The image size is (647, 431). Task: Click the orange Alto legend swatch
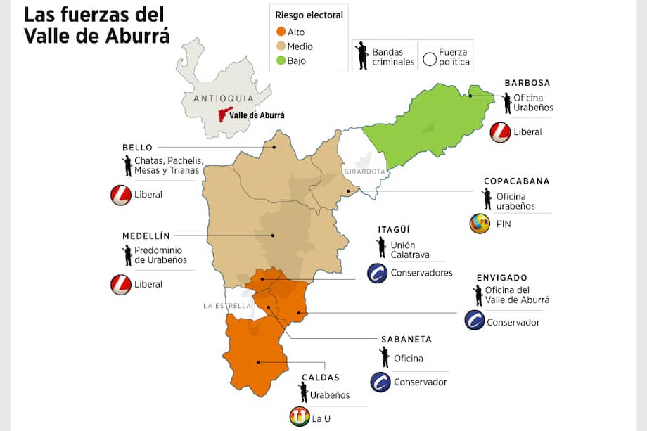coord(281,32)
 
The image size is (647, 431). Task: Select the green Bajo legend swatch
coord(281,61)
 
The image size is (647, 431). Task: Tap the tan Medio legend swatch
coord(281,46)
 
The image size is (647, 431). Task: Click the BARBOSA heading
coord(527,83)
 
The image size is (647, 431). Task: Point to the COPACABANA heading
coord(516,181)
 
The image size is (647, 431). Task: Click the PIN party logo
coord(480,224)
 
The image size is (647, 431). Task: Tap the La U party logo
coord(300,418)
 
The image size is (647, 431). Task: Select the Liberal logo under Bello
coord(121,195)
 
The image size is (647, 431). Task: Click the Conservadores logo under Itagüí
coord(378,273)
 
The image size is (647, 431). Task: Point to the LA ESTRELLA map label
coord(226,306)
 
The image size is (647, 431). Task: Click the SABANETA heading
coord(406,339)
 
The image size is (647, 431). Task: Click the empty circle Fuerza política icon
coord(430,59)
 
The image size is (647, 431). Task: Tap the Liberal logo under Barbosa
coord(500,132)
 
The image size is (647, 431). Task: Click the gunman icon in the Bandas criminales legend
coord(363,56)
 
